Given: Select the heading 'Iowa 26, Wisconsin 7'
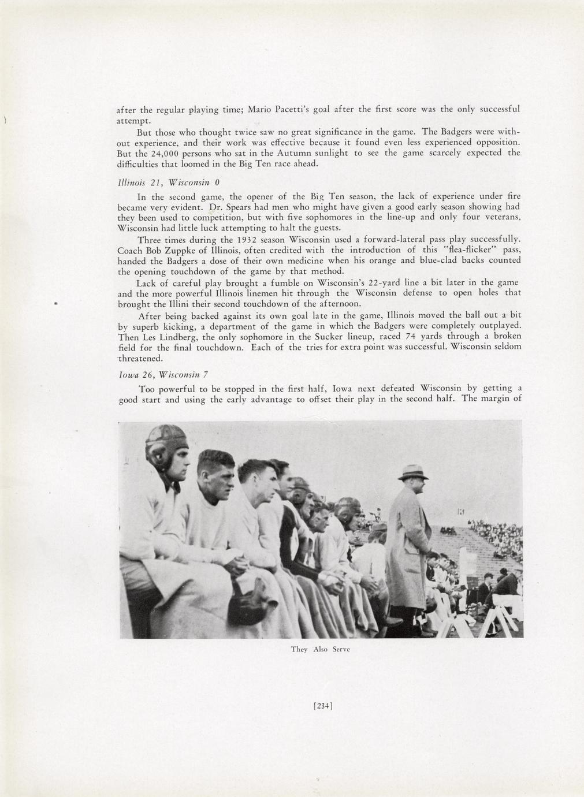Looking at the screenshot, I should pyautogui.click(x=159, y=374).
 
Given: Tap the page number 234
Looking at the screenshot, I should pyautogui.click(x=323, y=705).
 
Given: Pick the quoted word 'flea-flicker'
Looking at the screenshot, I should pyautogui.click(x=470, y=250).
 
